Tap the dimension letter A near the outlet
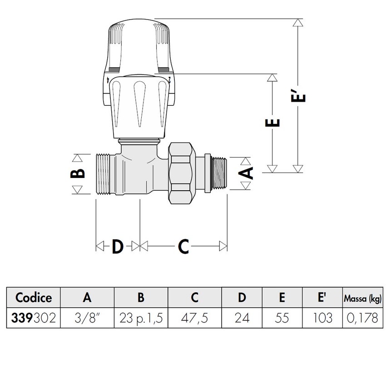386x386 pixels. click(246, 173)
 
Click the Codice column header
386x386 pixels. click(33, 297)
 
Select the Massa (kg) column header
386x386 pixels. click(362, 298)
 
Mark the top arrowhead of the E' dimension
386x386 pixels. click(298, 23)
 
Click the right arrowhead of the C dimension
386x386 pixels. click(223, 246)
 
